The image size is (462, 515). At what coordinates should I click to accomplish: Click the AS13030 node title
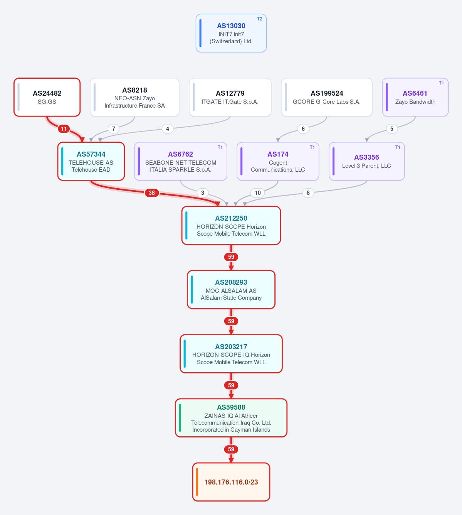[x=231, y=26]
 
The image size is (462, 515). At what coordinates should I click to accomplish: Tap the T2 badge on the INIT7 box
[x=259, y=19]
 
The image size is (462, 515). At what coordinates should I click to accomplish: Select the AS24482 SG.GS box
[x=47, y=97]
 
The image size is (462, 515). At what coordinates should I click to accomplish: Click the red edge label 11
[x=64, y=129]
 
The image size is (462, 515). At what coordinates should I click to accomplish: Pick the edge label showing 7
[x=114, y=129]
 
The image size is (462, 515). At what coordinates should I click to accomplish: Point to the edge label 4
[x=167, y=129]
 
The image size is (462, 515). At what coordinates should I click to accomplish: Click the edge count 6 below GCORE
[x=303, y=129]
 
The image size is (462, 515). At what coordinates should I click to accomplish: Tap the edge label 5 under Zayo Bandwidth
[x=391, y=129]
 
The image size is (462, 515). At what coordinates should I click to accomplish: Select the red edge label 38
[x=152, y=193]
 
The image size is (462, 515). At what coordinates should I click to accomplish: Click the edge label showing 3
[x=202, y=193]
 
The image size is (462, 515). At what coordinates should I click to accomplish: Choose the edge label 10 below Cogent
[x=257, y=193]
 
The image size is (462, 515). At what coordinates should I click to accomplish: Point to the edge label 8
[x=308, y=193]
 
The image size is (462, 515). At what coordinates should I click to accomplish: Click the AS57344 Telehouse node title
[x=91, y=154]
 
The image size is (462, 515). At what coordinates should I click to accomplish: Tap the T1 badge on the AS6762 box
[x=220, y=147]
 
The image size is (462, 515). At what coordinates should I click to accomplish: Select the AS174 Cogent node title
[x=278, y=154]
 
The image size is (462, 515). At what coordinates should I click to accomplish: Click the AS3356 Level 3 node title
[x=366, y=157]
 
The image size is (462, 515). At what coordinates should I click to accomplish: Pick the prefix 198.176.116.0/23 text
[x=231, y=482]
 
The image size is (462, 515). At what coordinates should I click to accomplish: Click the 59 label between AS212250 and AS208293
[x=231, y=257]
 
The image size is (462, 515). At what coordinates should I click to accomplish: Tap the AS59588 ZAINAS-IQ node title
[x=231, y=407]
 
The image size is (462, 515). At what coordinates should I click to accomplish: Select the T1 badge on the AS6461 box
[x=441, y=83]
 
